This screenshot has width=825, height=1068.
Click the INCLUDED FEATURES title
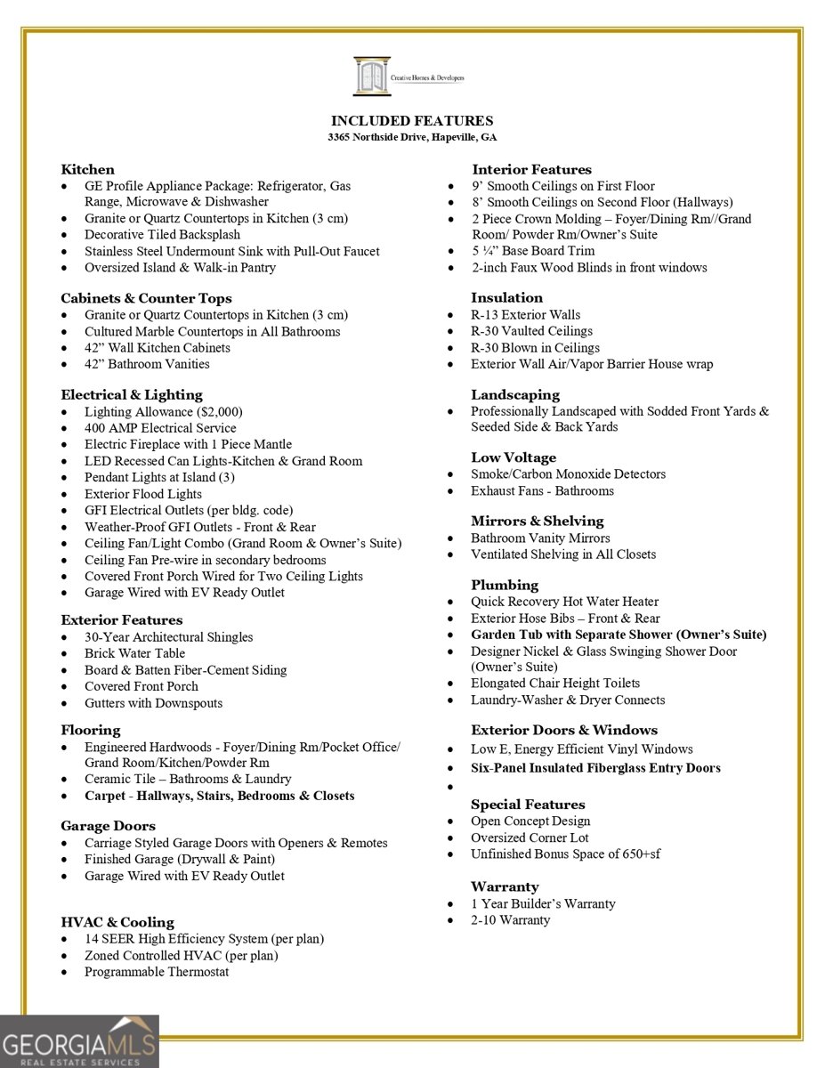click(412, 121)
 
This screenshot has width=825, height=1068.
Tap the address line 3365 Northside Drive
click(412, 138)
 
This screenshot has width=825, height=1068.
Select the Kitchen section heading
click(87, 169)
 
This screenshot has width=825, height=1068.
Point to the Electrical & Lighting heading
click(132, 394)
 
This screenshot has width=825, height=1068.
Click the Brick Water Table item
click(134, 653)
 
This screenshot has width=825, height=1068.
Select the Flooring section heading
click(90, 730)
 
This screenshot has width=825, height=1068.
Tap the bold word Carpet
click(105, 796)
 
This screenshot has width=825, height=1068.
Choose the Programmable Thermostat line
click(157, 972)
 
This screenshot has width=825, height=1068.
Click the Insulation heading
click(506, 297)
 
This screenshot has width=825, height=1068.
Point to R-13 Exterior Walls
click(525, 314)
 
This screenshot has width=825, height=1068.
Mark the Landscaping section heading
click(515, 394)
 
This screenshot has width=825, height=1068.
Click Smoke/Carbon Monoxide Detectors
click(568, 474)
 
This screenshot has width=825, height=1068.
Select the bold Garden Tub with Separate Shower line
click(619, 635)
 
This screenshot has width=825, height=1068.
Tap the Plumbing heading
click(505, 585)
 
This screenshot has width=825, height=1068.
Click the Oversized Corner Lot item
click(530, 837)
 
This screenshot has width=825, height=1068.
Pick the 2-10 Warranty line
click(510, 919)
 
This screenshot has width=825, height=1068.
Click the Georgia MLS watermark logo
click(79, 1041)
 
